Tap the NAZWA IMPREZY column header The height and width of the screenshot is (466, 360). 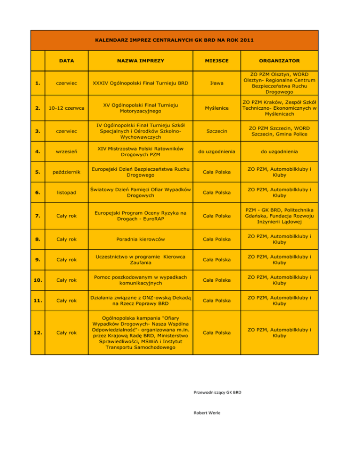141,61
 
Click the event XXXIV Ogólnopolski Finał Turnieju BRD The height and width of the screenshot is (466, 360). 141,83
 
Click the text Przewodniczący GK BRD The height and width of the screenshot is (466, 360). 217,392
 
